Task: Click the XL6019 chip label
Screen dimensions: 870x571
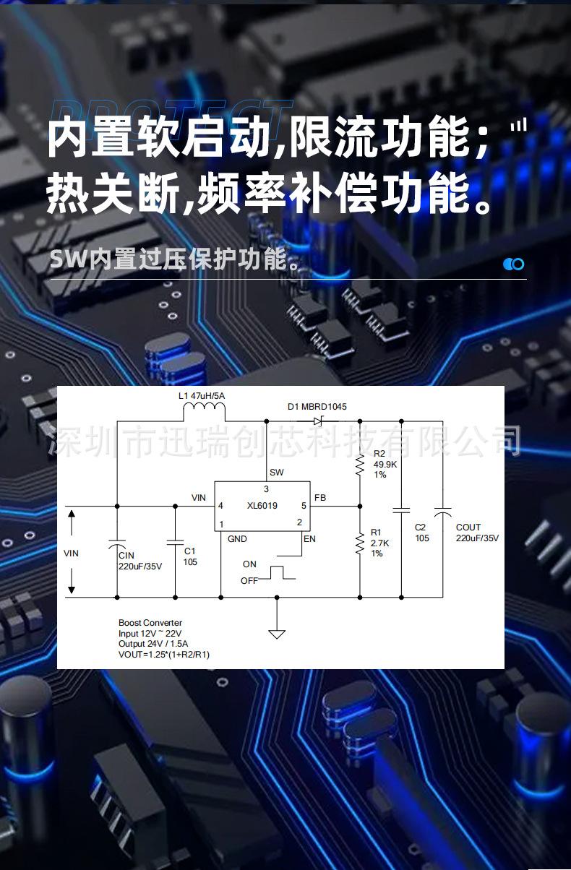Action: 262,506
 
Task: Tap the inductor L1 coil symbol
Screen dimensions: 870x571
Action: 205,412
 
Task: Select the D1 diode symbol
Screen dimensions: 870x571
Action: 318,421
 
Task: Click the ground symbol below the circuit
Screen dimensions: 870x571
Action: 277,634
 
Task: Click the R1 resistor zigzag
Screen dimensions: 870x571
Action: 360,543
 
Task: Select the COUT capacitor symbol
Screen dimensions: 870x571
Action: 442,512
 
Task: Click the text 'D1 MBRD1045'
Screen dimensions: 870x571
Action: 317,406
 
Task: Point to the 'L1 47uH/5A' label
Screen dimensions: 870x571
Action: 202,396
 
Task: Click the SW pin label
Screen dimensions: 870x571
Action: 276,473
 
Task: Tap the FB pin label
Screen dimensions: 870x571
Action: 320,498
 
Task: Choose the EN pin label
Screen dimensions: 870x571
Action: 309,539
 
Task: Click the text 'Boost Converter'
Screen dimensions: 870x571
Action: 150,623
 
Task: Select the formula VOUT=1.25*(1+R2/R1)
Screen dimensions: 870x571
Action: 164,654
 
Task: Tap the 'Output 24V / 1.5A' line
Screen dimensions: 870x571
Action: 154,644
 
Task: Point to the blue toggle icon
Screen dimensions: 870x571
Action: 513,264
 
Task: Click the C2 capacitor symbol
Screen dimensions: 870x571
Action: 401,510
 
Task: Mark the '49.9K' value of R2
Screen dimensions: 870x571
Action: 385,465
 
